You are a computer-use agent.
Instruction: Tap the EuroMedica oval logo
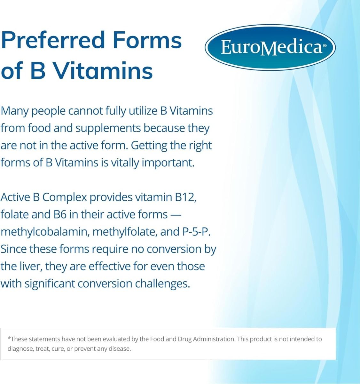click(x=270, y=47)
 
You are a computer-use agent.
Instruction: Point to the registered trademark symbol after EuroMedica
click(x=325, y=46)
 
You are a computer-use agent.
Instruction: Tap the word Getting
click(x=149, y=145)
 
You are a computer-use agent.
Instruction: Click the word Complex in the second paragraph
click(x=65, y=197)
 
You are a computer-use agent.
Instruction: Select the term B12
click(x=185, y=197)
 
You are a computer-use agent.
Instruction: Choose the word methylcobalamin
click(x=44, y=232)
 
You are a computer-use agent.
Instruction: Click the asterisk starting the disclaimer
click(x=9, y=339)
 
